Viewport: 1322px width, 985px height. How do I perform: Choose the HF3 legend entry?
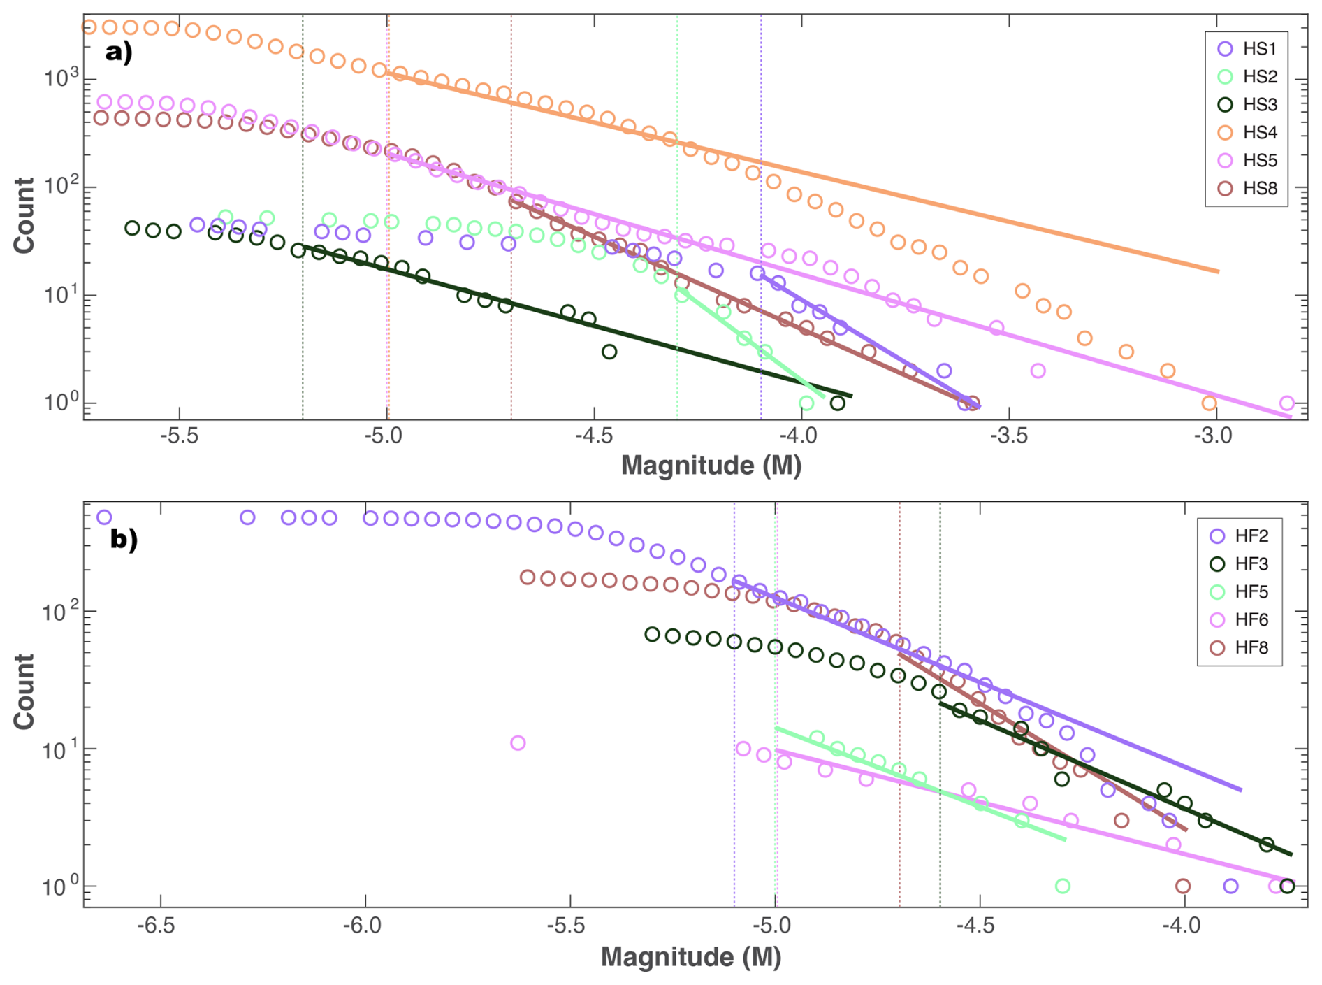[x=1238, y=564]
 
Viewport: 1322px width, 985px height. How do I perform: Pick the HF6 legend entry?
[x=1238, y=620]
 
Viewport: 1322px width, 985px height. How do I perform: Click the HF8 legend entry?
[x=1238, y=648]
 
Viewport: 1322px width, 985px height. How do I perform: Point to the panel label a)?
[x=119, y=52]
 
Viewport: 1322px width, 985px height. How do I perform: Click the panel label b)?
[x=124, y=540]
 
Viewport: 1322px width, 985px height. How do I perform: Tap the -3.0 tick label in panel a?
[x=1216, y=436]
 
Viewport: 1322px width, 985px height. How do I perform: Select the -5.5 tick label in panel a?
[x=180, y=436]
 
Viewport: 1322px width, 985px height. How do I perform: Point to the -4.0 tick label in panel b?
[x=1184, y=925]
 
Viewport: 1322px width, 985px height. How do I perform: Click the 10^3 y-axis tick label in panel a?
[x=59, y=78]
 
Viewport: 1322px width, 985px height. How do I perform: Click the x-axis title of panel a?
[x=711, y=466]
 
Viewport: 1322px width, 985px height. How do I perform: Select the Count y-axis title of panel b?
[x=24, y=691]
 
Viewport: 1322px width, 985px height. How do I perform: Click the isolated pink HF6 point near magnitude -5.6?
[x=518, y=743]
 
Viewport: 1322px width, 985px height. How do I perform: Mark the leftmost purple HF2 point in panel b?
[x=104, y=518]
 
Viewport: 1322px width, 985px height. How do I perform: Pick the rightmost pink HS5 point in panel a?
[x=1287, y=403]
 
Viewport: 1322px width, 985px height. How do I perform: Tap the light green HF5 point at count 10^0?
[x=1063, y=886]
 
